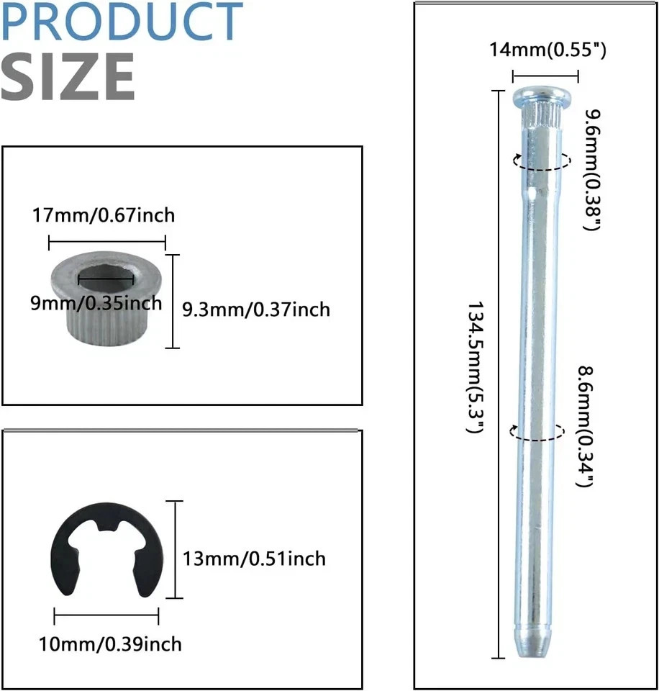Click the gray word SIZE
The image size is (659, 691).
[x=68, y=76]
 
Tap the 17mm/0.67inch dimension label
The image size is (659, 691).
[x=104, y=215]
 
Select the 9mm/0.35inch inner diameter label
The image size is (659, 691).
[x=96, y=303]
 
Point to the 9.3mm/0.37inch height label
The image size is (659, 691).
[x=256, y=310]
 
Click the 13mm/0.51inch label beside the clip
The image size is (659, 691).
[x=254, y=559]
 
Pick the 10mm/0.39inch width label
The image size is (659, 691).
[x=110, y=644]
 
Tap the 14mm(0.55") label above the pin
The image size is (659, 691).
[x=547, y=50]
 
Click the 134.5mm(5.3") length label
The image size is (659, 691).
[x=476, y=368]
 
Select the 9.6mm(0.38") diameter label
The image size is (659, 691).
[x=593, y=170]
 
